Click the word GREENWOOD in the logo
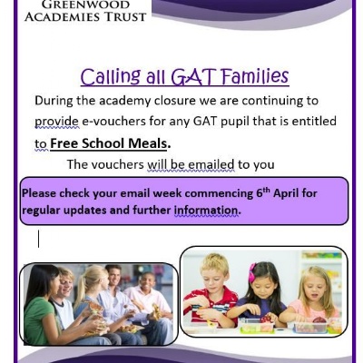point(85,5)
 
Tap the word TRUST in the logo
point(125,16)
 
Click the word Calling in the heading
point(111,76)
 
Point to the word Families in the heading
point(255,76)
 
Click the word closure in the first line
point(175,101)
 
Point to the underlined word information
point(207,210)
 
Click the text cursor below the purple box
point(38,239)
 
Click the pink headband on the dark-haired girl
point(251,272)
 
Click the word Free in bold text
point(64,143)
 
